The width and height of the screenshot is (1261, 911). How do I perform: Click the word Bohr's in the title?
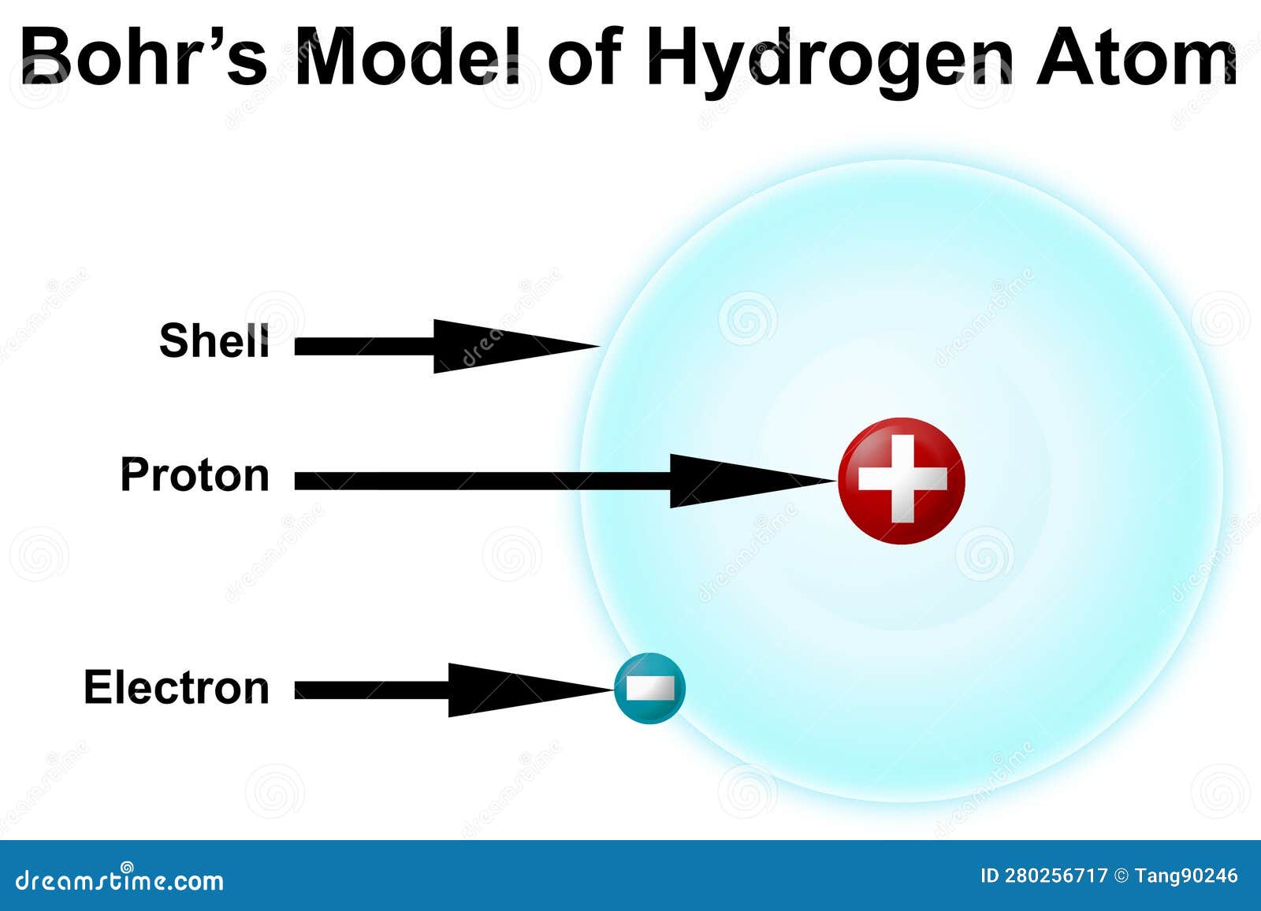coord(144,57)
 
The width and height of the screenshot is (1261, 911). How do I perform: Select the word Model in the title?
coord(407,57)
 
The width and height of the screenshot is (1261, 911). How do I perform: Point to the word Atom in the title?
coord(1136,57)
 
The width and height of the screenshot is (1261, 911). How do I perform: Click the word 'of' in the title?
coord(586,57)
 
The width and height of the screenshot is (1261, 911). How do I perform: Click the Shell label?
coord(214,340)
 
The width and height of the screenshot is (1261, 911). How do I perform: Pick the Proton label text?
coord(195,474)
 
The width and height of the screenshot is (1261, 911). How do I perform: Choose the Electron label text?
coord(177,687)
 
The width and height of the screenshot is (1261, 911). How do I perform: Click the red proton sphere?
coord(902,480)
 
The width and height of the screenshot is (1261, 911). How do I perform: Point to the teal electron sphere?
coord(649,688)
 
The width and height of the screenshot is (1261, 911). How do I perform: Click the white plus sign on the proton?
coord(902,478)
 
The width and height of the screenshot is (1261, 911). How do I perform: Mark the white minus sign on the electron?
coord(651,687)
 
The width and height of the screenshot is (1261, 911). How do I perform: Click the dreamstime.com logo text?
coord(119,879)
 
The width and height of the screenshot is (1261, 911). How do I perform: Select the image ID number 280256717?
coord(1055,876)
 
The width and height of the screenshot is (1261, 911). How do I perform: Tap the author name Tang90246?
coord(1186,876)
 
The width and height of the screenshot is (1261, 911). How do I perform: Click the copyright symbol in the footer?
coord(1122,876)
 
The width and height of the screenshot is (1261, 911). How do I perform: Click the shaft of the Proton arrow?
coord(482,481)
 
